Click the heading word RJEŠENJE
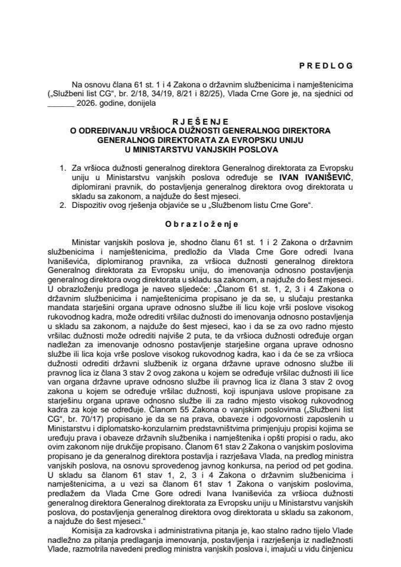(201, 119)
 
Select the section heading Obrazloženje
(201, 226)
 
